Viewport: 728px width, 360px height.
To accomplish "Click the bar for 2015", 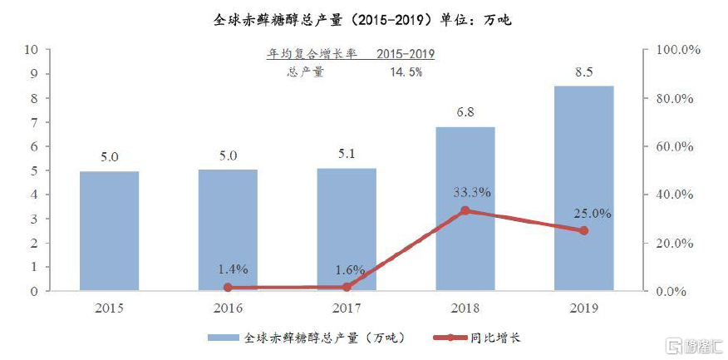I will coord(109,230).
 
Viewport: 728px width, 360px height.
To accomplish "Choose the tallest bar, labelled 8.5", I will coord(583,188).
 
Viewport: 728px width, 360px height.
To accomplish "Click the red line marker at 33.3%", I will coord(465,210).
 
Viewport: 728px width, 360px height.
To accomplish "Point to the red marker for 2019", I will coord(583,230).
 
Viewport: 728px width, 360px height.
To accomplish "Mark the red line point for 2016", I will coord(228,288).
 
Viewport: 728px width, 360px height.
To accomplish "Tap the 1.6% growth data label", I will coord(346,269).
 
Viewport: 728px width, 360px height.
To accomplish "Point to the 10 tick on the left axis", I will coord(33,50).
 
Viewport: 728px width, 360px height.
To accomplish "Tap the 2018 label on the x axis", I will coord(465,308).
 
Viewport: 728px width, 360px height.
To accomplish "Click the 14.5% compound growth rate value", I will coord(406,72).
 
